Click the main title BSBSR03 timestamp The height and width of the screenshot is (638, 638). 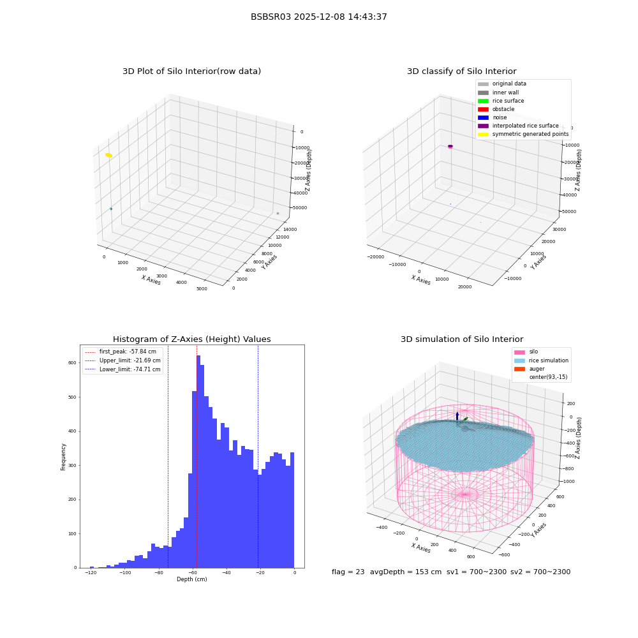pyautogui.click(x=318, y=17)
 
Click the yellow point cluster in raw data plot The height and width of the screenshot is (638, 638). pyautogui.click(x=108, y=155)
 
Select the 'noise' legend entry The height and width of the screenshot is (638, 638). pyautogui.click(x=493, y=117)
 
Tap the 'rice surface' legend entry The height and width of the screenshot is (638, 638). pyautogui.click(x=501, y=101)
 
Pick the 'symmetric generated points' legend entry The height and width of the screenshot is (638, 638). pyautogui.click(x=523, y=134)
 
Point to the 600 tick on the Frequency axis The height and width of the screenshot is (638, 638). pyautogui.click(x=73, y=362)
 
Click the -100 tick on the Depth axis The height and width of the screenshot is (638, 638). pyautogui.click(x=125, y=572)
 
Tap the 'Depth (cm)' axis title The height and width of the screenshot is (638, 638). pyautogui.click(x=191, y=579)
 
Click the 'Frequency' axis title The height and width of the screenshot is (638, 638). pyautogui.click(x=63, y=457)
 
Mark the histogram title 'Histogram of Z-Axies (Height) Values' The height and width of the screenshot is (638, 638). pyautogui.click(x=191, y=339)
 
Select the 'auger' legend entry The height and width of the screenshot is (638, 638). pyautogui.click(x=530, y=369)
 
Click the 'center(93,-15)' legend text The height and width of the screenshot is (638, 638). pyautogui.click(x=548, y=377)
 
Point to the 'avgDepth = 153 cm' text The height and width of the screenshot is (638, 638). pyautogui.click(x=406, y=572)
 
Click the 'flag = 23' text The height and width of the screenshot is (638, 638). pyautogui.click(x=348, y=572)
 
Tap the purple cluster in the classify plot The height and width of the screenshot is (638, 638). pyautogui.click(x=450, y=147)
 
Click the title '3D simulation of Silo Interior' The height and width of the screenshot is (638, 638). pyautogui.click(x=462, y=339)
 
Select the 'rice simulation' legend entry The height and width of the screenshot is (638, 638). pyautogui.click(x=541, y=360)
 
